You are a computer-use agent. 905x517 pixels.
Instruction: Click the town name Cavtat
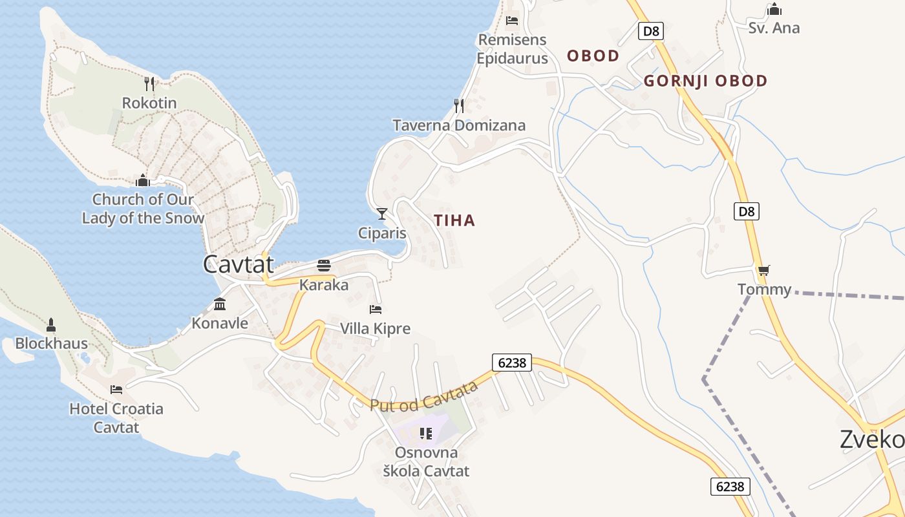click(238, 264)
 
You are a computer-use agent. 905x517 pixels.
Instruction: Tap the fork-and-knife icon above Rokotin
click(149, 83)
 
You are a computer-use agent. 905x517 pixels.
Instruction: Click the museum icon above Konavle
click(220, 304)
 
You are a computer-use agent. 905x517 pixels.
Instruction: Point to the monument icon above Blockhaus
click(51, 324)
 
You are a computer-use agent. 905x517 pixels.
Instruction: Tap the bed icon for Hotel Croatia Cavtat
click(116, 389)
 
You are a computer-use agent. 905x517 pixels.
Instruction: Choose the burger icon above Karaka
click(324, 266)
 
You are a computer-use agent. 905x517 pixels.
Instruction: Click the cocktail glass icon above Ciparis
click(382, 213)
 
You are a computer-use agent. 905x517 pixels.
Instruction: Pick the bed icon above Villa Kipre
click(376, 309)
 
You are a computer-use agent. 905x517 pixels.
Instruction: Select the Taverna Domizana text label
click(459, 125)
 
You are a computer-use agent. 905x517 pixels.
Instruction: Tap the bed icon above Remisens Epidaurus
click(512, 20)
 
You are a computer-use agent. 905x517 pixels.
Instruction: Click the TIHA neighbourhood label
click(454, 220)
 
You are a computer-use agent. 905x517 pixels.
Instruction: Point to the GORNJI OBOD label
click(705, 81)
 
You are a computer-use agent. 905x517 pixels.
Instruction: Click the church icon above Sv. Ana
click(774, 9)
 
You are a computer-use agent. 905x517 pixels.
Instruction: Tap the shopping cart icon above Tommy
click(764, 270)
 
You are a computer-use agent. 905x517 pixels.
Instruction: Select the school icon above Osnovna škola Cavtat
click(425, 433)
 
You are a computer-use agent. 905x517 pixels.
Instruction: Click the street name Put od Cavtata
click(424, 396)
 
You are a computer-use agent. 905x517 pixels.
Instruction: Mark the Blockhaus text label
click(51, 343)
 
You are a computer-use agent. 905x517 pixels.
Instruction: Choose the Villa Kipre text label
click(375, 328)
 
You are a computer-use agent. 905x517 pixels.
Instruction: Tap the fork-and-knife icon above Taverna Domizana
click(459, 105)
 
